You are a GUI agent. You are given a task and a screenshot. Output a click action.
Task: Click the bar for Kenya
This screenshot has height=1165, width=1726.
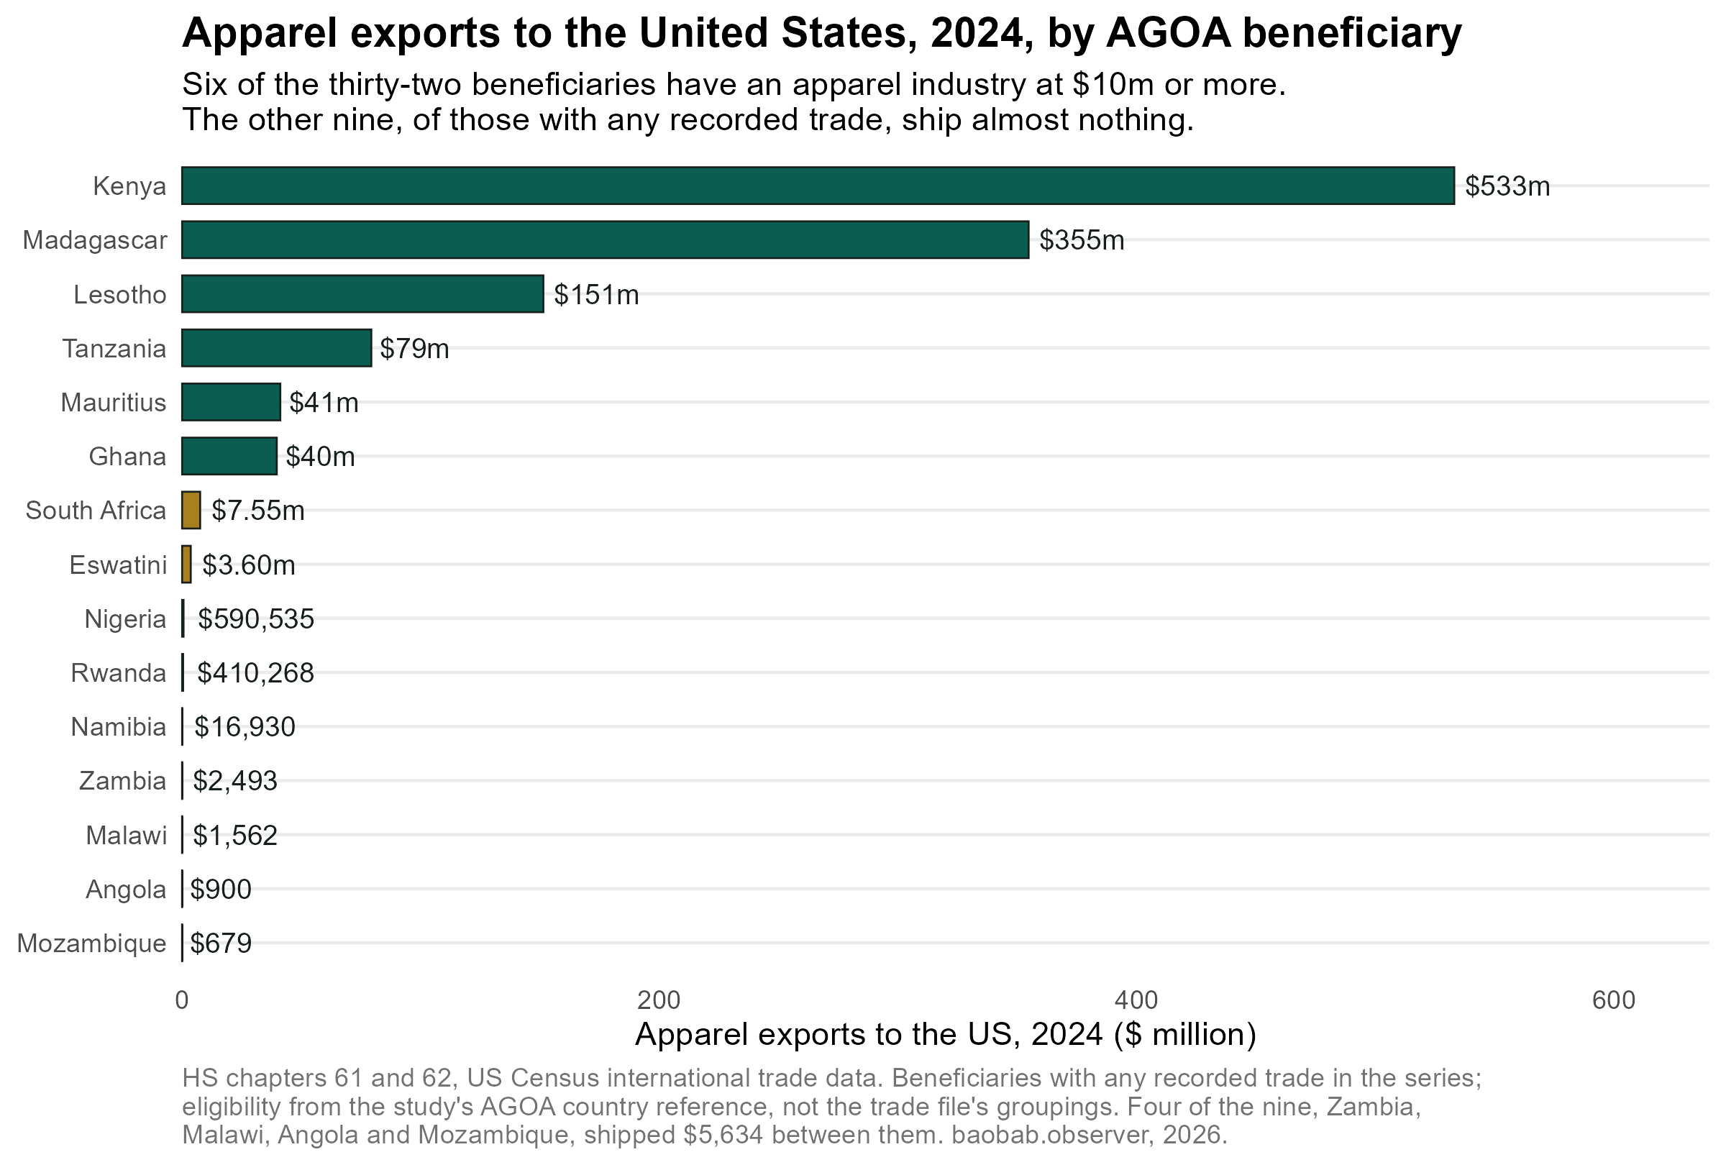click(818, 186)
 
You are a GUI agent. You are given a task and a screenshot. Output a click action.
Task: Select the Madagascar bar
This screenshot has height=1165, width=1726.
click(606, 239)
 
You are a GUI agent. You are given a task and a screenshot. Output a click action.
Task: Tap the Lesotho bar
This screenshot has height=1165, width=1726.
click(362, 294)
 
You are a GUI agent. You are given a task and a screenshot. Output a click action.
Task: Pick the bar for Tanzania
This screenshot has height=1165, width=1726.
click(276, 348)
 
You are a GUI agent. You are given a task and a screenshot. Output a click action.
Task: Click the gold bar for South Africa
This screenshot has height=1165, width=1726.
click(191, 510)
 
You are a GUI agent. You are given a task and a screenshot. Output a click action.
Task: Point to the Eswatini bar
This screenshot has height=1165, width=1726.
click(186, 565)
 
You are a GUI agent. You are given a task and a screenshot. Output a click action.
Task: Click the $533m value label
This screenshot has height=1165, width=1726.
click(1507, 186)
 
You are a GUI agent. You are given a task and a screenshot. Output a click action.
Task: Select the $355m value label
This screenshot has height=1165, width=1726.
click(1082, 241)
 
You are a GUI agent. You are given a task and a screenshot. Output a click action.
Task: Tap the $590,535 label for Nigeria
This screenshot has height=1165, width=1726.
click(255, 619)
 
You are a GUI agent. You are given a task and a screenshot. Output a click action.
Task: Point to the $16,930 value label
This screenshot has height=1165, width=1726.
click(245, 727)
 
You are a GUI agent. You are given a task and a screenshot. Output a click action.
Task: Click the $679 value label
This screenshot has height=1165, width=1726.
click(221, 944)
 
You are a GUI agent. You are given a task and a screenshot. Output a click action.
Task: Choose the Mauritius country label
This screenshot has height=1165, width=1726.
click(114, 403)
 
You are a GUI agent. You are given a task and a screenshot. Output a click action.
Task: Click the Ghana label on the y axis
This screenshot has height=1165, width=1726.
click(128, 457)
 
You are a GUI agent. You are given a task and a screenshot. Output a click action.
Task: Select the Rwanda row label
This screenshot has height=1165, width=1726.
click(119, 672)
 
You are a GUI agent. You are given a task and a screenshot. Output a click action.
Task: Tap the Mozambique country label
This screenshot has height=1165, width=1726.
click(92, 944)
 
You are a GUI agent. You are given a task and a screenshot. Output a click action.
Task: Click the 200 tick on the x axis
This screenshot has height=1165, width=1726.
click(659, 1000)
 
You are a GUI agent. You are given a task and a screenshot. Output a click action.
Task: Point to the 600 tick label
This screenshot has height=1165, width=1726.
click(1614, 1000)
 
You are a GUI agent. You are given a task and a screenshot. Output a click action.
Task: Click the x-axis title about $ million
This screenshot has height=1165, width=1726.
click(946, 1034)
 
